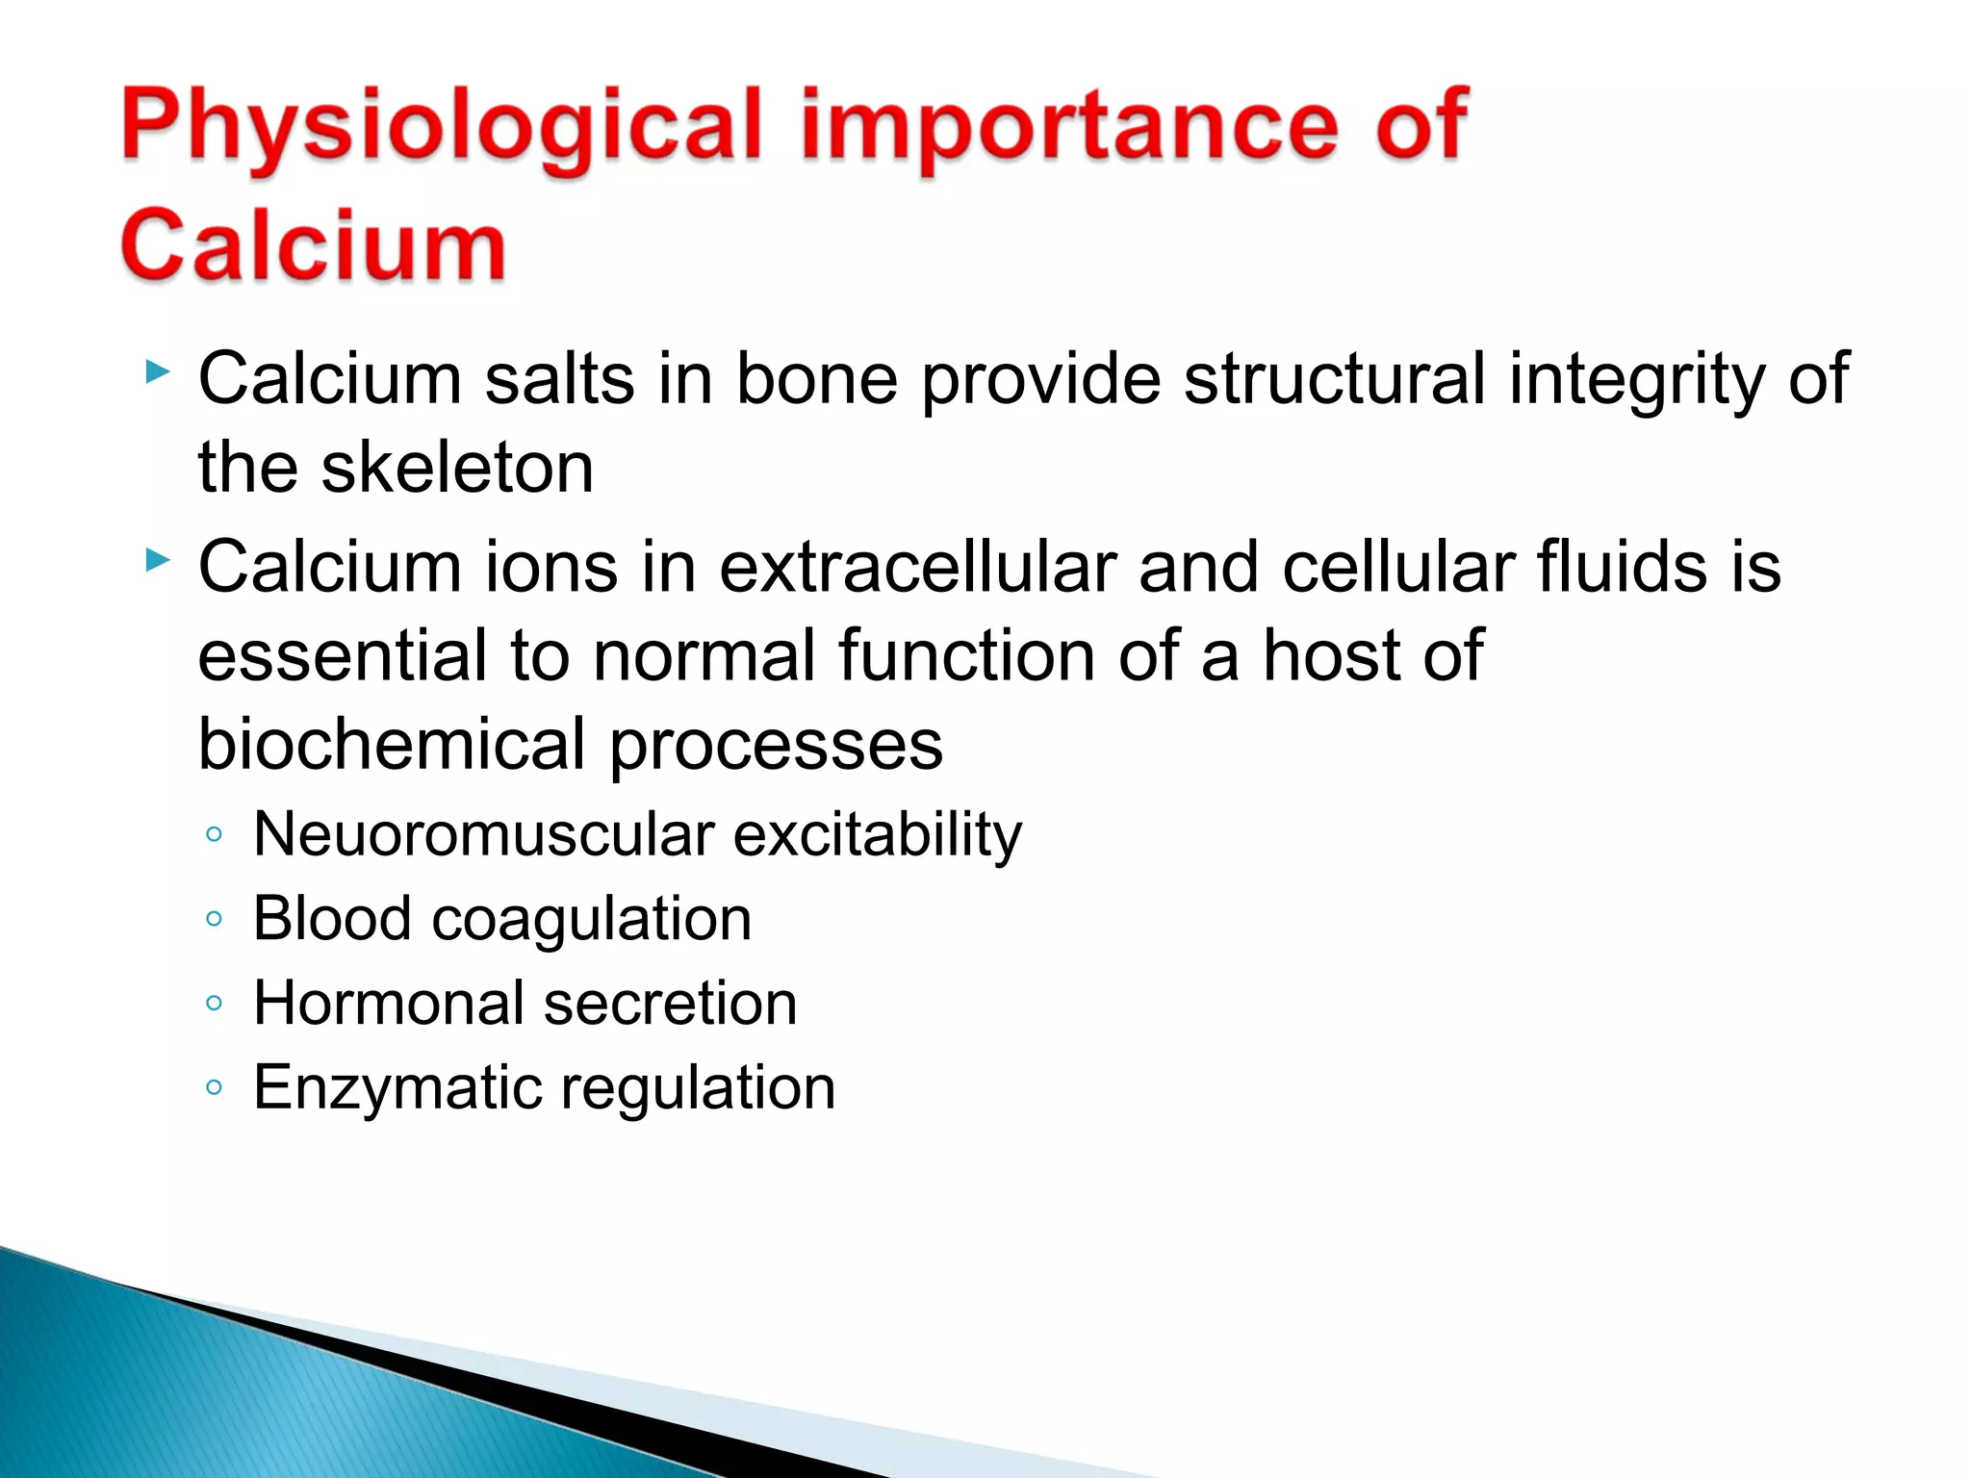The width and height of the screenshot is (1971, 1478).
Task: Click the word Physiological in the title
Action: (441, 128)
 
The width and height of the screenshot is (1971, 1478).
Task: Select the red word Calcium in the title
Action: (313, 245)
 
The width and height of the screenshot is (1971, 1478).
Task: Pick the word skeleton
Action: (457, 468)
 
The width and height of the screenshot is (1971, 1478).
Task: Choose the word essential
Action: (343, 655)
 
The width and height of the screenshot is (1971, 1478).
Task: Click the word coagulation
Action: (591, 920)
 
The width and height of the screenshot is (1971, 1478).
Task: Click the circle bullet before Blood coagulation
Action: (214, 919)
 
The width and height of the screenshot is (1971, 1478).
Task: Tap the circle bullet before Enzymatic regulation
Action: (214, 1088)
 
